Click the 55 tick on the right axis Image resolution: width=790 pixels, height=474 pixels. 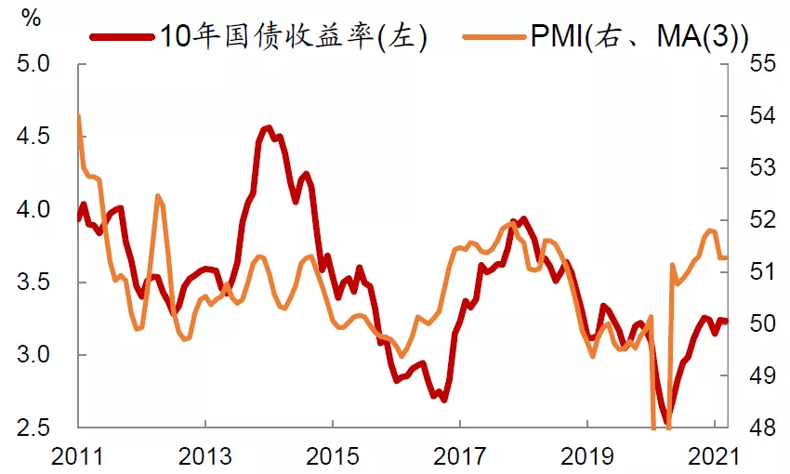point(761,65)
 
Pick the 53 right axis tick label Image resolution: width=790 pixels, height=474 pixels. point(761,168)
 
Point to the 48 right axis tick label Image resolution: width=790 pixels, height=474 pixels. point(761,428)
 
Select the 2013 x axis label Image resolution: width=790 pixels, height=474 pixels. point(204,456)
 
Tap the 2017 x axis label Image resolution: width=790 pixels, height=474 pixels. point(459,456)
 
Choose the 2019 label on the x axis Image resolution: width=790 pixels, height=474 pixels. point(586,456)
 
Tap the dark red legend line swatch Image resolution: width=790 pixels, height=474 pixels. point(122,36)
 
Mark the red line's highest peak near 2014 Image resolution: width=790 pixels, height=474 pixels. point(267,127)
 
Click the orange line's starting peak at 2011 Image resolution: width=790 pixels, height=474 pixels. point(78,116)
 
